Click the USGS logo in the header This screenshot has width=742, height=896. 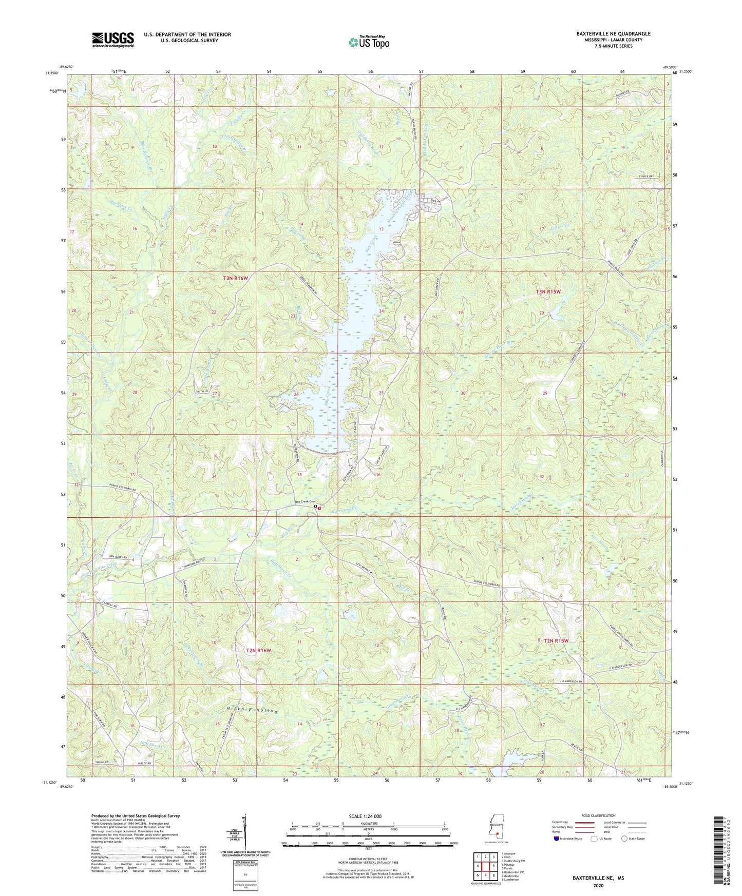(x=113, y=40)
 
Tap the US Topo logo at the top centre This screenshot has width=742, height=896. (x=368, y=42)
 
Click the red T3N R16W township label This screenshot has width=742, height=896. (x=235, y=278)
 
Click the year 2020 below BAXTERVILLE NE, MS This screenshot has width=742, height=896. (x=597, y=885)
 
